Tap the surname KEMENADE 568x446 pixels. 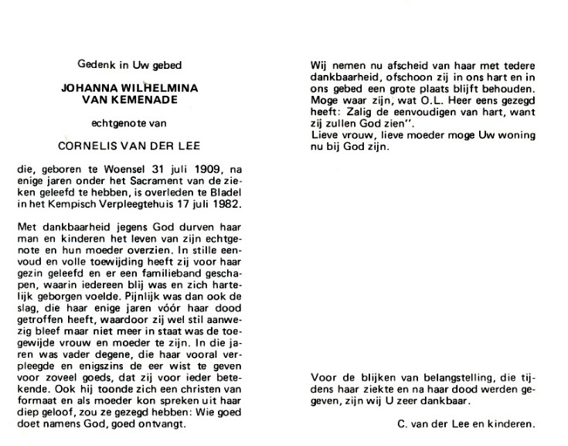coord(143,101)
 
